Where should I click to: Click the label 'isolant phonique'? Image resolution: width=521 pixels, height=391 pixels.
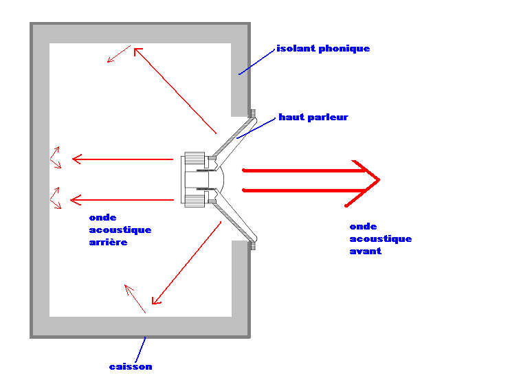coord(323,49)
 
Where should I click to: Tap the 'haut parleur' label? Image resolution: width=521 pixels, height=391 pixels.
coord(313,118)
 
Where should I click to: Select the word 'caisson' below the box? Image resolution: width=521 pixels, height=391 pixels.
coord(131,367)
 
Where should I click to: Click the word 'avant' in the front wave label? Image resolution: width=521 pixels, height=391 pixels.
coord(366,252)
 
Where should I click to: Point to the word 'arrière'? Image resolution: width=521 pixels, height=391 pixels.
coord(109,243)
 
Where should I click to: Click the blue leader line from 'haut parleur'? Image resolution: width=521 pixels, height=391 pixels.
coord(258,128)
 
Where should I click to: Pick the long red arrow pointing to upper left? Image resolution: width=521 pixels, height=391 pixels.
coord(175,90)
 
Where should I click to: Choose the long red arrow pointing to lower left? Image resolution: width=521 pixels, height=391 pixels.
coord(186,265)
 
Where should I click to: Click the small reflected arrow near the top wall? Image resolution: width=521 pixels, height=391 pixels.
coord(118,54)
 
